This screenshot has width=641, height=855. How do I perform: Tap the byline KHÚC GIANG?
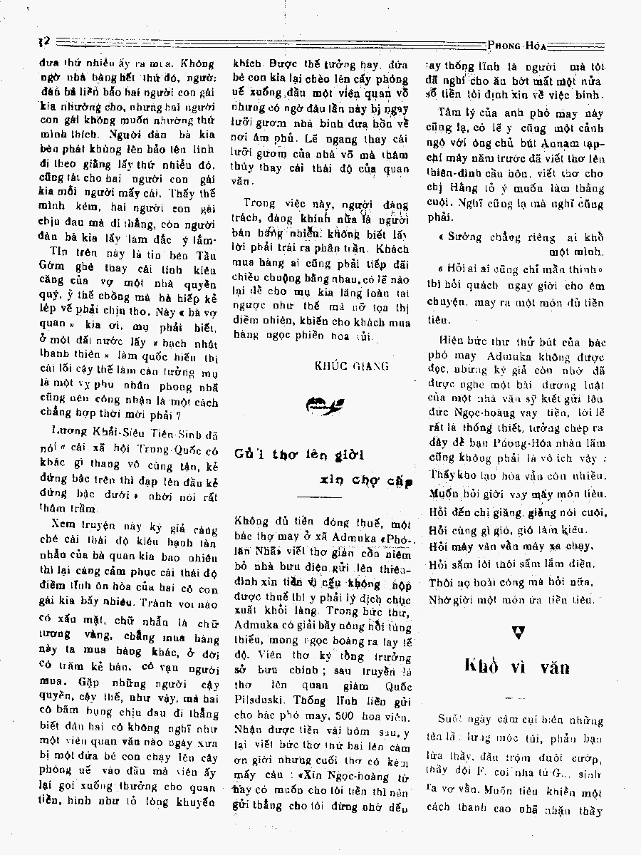click(351, 366)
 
